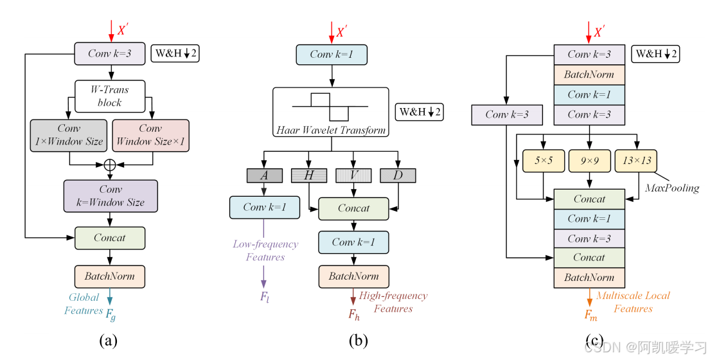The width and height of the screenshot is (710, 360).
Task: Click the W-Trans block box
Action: [x=110, y=96]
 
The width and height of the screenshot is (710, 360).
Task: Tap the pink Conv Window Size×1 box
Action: [x=150, y=135]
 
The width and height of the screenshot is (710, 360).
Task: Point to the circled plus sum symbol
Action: [x=110, y=164]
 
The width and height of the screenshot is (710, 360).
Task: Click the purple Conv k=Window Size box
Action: [x=110, y=195]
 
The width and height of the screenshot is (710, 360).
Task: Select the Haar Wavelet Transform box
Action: [x=331, y=112]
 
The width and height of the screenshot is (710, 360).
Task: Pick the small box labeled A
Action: [x=264, y=175]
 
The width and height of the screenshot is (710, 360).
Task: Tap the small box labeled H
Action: [x=309, y=175]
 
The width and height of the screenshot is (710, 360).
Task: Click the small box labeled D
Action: [x=398, y=175]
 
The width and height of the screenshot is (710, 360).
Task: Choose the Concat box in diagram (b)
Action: [x=353, y=208]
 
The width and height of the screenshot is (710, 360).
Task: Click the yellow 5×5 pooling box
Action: [x=543, y=161]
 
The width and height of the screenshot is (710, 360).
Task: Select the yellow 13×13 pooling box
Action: [x=636, y=161]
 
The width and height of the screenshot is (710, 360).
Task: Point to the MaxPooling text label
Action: [x=672, y=188]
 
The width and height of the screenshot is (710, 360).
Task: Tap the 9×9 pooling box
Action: [x=589, y=161]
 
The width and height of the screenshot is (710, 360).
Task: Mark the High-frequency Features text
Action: [x=393, y=302]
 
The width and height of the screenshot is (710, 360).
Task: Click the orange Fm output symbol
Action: [x=590, y=314]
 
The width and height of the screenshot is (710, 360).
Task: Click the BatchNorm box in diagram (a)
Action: [x=110, y=276]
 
